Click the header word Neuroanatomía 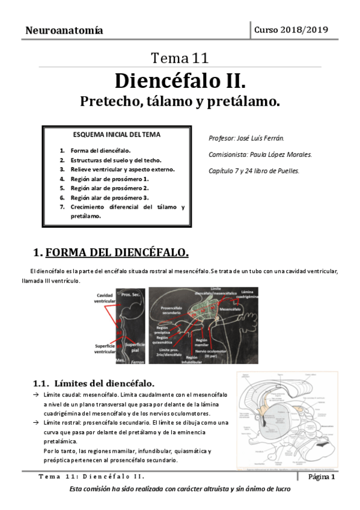pyautogui.click(x=64, y=30)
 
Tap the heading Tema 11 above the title pyautogui.click(x=180, y=58)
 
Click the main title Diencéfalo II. pyautogui.click(x=180, y=80)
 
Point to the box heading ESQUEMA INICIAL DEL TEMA pyautogui.click(x=117, y=135)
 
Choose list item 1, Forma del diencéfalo pyautogui.click(x=100, y=150)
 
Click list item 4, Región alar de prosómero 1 pyautogui.click(x=109, y=179)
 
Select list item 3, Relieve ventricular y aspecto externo pyautogui.click(x=123, y=169)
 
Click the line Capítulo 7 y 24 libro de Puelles pyautogui.click(x=253, y=171)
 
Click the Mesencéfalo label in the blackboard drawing pyautogui.click(x=230, y=309)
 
